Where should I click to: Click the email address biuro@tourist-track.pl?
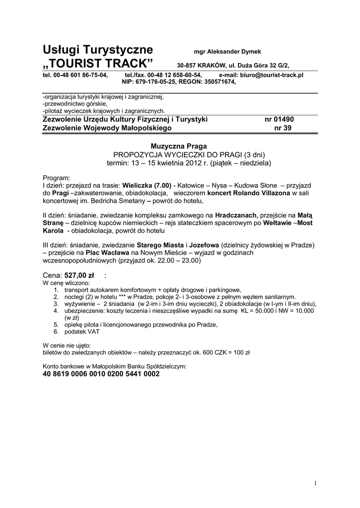(x=272, y=75)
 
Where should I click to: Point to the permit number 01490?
(x=285, y=120)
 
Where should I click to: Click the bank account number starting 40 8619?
(x=101, y=374)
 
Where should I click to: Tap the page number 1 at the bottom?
(x=315, y=484)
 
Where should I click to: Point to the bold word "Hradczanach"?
(x=236, y=215)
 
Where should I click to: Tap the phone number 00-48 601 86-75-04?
(x=80, y=75)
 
